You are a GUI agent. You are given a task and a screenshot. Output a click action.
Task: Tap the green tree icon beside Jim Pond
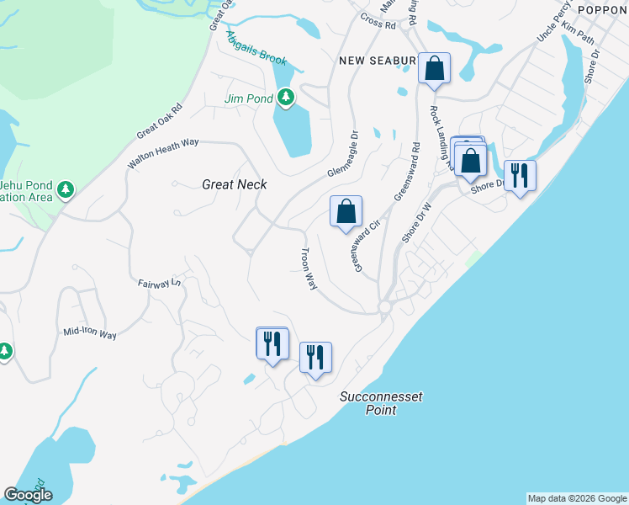point(286,98)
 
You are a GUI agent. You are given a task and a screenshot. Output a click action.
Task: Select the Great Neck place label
point(235,183)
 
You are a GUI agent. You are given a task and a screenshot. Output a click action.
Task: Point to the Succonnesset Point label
point(381,403)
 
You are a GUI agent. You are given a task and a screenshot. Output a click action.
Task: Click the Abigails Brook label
point(256,49)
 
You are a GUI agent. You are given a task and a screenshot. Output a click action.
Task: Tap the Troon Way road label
point(309,269)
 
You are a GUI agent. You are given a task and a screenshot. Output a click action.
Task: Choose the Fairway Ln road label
point(160,284)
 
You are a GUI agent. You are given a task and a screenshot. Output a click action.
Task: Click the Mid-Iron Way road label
point(90,333)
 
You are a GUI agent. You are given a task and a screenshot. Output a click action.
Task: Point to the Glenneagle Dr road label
point(342,152)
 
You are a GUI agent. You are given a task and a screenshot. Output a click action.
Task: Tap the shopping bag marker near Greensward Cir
point(346,212)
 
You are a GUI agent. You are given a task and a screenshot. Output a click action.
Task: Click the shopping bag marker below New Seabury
point(435,69)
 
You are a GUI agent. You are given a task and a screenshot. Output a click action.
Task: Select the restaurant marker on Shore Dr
point(520,176)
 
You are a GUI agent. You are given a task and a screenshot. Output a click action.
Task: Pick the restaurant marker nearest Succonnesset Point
point(315,358)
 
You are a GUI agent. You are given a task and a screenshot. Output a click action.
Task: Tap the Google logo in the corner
point(29,495)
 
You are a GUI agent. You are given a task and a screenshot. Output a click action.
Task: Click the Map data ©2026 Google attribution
point(576,498)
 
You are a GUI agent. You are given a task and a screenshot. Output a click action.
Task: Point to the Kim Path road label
point(579,29)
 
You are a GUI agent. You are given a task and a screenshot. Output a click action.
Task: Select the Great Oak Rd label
point(160,122)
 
